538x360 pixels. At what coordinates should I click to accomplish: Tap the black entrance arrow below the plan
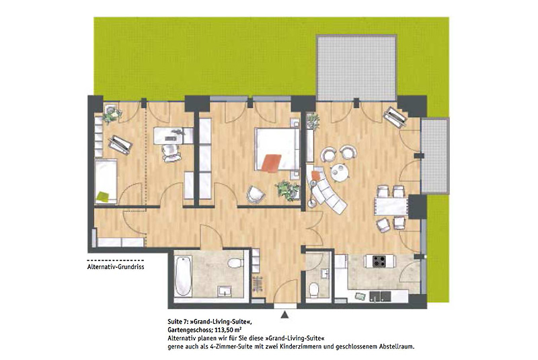pos(284,314)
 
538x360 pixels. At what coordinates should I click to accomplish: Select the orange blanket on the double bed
pos(271,162)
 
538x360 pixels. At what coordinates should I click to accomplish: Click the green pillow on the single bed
pos(103,196)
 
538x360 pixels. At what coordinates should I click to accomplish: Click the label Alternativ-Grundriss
pos(116,266)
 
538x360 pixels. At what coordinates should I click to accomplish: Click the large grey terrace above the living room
pos(356,67)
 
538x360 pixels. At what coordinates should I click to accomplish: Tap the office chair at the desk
pos(171,152)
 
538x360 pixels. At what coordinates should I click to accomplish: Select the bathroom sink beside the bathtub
pos(225,291)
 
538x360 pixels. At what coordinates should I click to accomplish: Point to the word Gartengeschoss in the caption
pos(191,330)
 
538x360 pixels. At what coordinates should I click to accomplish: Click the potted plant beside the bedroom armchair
pos(287,190)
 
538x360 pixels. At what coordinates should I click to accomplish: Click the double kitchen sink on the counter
pos(381,297)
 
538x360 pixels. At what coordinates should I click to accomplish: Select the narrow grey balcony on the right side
pos(434,156)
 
